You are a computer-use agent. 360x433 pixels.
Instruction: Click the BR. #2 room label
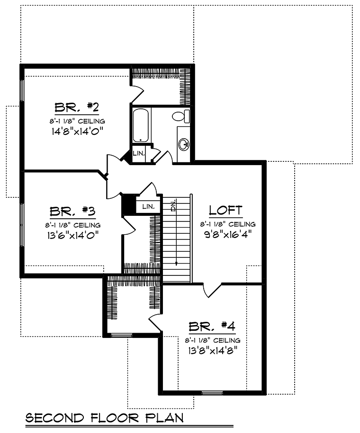(77, 107)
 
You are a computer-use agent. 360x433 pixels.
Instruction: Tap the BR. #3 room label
(72, 211)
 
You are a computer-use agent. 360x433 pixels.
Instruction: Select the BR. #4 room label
(212, 326)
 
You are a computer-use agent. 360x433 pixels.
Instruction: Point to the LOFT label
(225, 210)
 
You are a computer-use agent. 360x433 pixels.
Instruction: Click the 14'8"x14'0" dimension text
(77, 131)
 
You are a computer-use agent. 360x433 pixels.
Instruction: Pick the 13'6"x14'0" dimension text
(73, 235)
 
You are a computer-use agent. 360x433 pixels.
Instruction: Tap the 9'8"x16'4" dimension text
(228, 234)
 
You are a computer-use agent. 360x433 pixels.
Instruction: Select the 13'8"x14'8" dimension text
(213, 351)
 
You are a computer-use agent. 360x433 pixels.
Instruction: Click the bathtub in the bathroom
(141, 125)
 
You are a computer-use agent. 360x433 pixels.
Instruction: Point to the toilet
(181, 116)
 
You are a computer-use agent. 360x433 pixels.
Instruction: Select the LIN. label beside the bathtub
(138, 153)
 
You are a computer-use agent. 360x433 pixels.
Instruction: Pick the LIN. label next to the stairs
(148, 206)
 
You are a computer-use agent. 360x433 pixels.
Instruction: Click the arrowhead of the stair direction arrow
(176, 264)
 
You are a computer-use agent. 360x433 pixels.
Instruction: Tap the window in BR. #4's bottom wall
(212, 393)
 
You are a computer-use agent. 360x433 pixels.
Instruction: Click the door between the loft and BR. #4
(212, 290)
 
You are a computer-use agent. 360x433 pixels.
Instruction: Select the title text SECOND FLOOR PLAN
(105, 418)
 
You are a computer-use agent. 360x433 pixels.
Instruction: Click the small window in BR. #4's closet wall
(122, 335)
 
